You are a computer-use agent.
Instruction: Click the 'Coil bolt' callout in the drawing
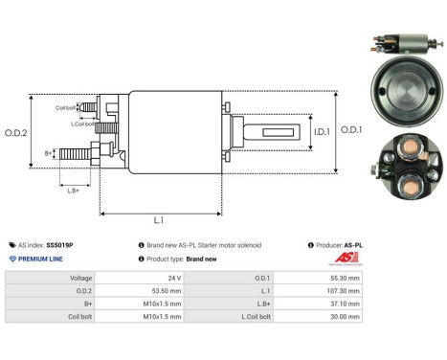[x=66, y=107]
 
